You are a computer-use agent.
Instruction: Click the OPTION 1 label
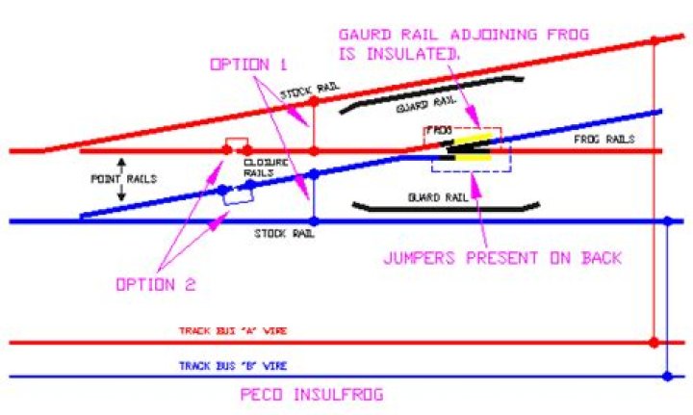[x=248, y=65]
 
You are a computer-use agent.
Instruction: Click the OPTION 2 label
[x=156, y=284]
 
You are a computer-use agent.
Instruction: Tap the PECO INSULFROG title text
[x=312, y=394]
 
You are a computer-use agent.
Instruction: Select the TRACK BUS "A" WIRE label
[x=233, y=330]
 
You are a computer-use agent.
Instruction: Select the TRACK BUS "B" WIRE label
[x=233, y=366]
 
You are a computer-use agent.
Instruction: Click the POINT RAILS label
[x=124, y=178]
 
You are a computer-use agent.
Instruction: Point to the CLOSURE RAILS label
[x=266, y=168]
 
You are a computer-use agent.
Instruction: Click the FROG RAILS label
[x=604, y=140]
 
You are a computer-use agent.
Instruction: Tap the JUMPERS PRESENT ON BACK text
[x=502, y=258]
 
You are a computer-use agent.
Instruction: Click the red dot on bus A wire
[x=654, y=342]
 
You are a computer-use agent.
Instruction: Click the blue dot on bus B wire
[x=667, y=376]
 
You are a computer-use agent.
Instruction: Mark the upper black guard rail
[x=431, y=92]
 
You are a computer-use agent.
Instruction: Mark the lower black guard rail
[x=446, y=208]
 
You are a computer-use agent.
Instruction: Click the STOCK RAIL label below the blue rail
[x=284, y=233]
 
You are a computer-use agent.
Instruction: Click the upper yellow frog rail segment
[x=473, y=138]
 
